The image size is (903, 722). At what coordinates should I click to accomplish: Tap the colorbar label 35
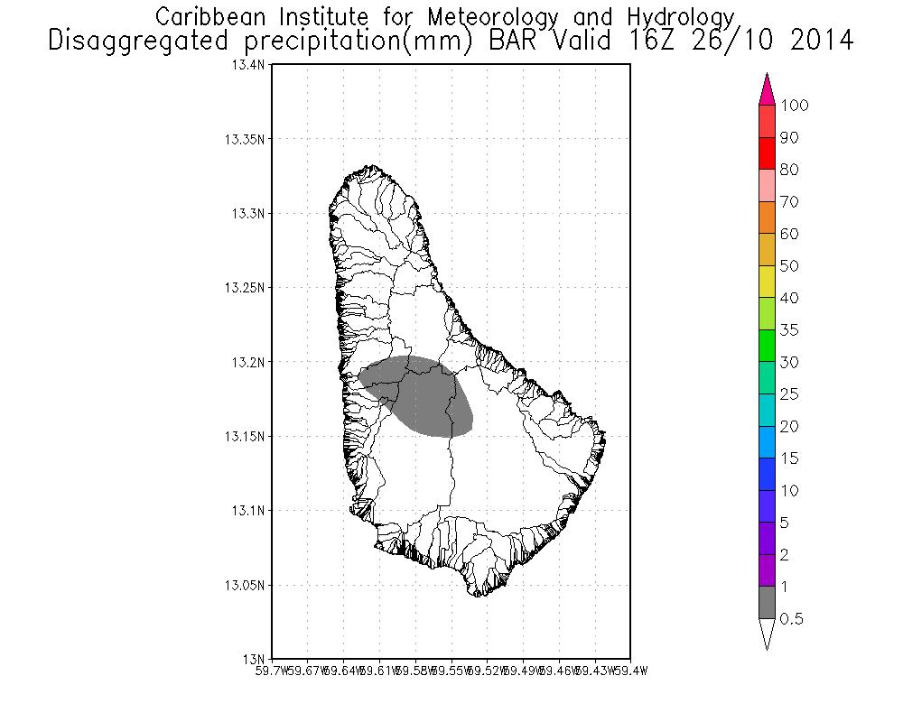click(789, 330)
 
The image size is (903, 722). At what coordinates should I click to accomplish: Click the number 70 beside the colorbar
click(789, 202)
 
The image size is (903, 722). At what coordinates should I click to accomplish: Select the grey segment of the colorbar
click(768, 603)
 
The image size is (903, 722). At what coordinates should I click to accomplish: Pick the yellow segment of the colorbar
click(768, 282)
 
